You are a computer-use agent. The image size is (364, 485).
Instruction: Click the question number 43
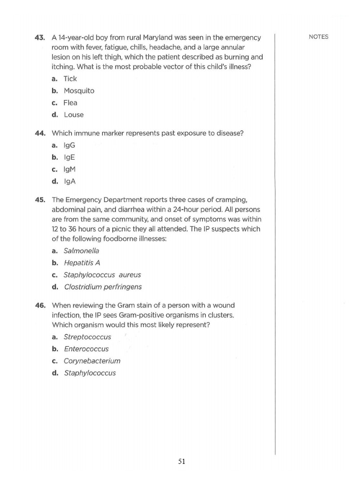coord(40,37)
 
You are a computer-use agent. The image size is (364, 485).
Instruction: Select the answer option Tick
coord(70,79)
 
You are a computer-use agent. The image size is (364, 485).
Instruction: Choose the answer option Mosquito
coord(79,90)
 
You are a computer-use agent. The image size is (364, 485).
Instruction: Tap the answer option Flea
coord(70,103)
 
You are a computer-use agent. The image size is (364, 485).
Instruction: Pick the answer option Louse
coord(73,115)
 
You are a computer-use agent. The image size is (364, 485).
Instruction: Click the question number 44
coord(40,133)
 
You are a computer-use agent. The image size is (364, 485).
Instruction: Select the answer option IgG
coord(69,145)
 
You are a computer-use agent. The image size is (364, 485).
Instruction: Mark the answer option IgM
coord(70,169)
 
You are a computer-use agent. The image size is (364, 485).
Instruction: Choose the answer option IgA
coord(69,181)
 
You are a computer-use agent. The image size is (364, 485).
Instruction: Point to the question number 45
coord(40,199)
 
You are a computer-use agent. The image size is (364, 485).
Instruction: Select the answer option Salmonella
coord(81,251)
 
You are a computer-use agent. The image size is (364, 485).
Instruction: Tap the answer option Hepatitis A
coord(82,262)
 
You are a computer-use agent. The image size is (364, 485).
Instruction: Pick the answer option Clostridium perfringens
coord(102,287)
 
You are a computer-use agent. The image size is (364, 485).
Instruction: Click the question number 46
coord(40,305)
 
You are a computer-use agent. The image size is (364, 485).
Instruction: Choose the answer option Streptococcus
coord(87,337)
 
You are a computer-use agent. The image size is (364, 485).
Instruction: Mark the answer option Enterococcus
coord(86,349)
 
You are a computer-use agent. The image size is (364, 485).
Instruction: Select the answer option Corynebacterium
coord(92,361)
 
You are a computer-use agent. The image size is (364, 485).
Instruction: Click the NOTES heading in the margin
coord(318,37)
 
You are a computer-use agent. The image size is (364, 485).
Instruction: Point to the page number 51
coord(182,462)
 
